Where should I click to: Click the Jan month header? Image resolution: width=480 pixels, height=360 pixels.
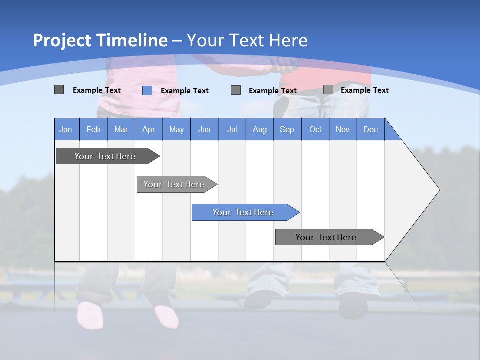click(x=66, y=129)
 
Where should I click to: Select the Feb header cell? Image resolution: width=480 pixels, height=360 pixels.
click(x=93, y=129)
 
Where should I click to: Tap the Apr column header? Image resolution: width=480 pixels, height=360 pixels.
click(x=148, y=129)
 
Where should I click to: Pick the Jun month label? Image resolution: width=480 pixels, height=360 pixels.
click(x=204, y=129)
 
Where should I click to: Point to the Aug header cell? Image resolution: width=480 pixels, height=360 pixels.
click(x=259, y=129)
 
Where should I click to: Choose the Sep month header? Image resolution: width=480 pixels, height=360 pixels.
click(x=287, y=129)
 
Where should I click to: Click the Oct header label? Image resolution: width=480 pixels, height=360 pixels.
click(x=315, y=129)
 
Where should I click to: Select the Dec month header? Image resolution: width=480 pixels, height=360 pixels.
click(x=370, y=129)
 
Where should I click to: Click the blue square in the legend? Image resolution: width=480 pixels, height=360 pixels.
click(x=147, y=90)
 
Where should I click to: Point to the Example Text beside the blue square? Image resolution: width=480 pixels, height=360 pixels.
click(x=185, y=90)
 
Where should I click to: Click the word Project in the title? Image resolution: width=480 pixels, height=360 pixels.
click(x=62, y=40)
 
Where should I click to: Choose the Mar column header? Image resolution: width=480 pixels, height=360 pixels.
click(x=121, y=129)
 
